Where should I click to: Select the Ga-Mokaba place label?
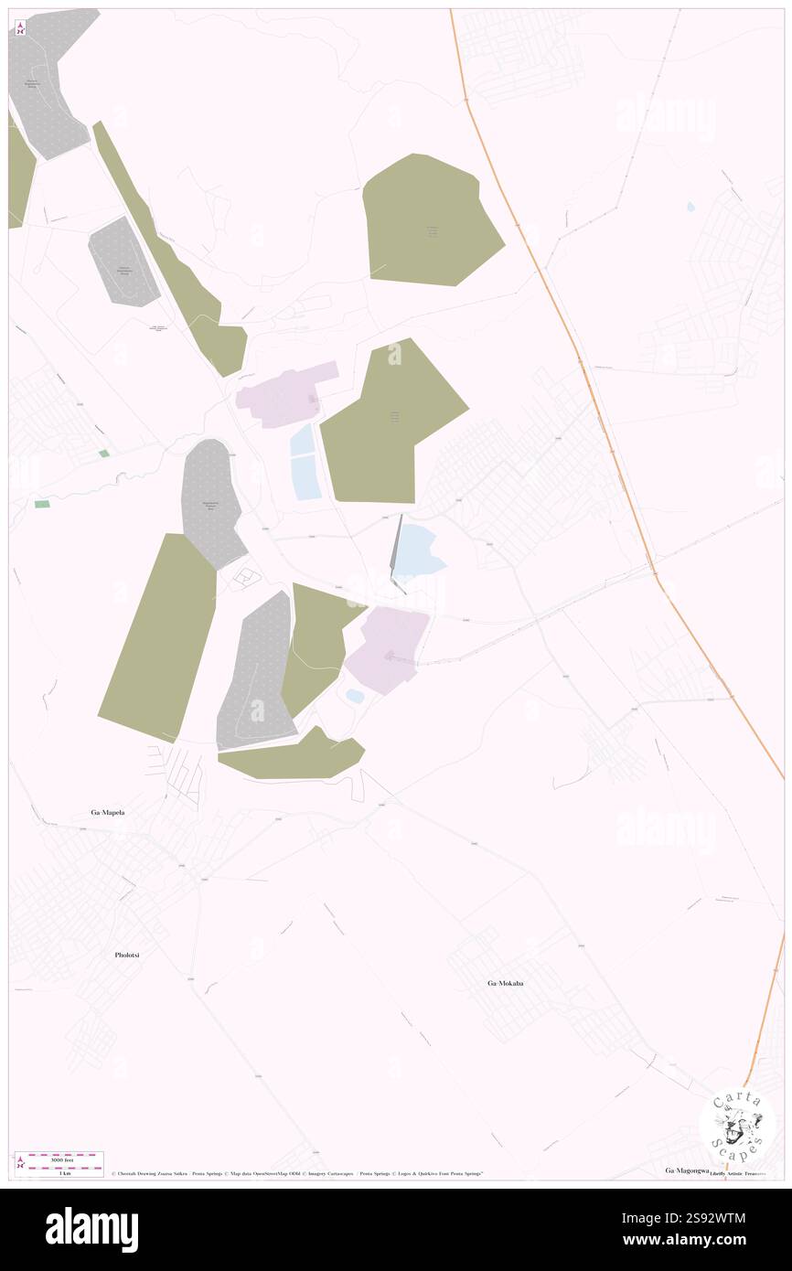tap(505, 983)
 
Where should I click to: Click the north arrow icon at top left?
tap(20, 27)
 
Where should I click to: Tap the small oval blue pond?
tap(355, 696)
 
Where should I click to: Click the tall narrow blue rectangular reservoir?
tap(305, 462)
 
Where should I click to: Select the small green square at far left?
tap(104, 454)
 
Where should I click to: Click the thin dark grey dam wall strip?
tap(396, 549)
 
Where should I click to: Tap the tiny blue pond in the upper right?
tap(690, 207)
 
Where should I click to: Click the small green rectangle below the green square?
tap(42, 504)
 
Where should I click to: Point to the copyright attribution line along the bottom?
tap(297, 1173)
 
